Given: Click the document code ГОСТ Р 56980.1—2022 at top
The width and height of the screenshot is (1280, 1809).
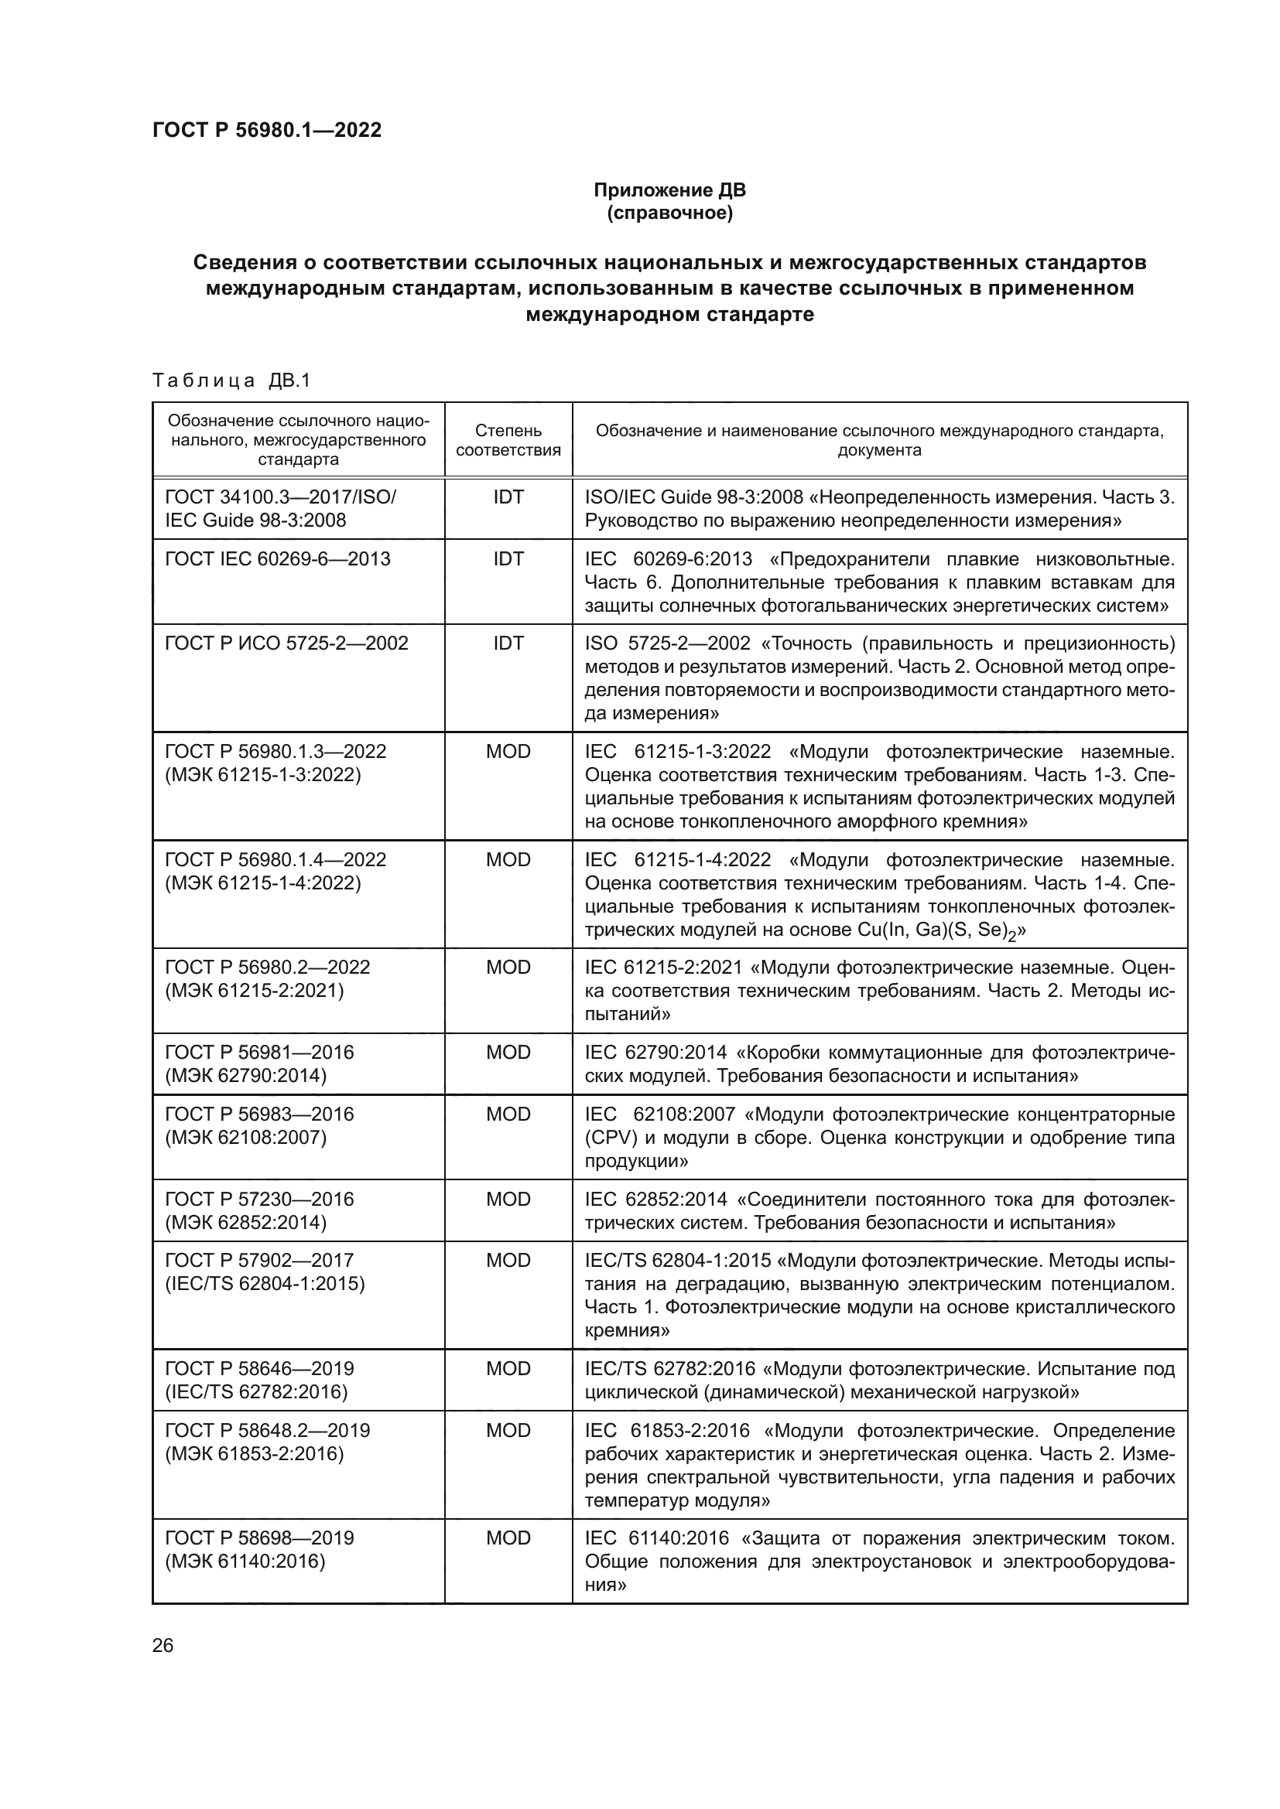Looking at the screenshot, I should pos(266,130).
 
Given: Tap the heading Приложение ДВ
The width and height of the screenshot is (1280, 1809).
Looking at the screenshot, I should pos(669,190).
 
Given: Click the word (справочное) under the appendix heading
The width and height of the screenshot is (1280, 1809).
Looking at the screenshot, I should pos(669,213).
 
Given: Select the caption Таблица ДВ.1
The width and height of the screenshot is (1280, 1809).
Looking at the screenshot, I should pos(231,381).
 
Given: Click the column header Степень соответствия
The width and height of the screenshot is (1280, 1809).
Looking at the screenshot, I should pos(508,439).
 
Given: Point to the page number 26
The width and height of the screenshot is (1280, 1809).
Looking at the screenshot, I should pos(163,1645).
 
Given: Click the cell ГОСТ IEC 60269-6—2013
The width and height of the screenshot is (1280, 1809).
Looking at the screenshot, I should pos(278,558).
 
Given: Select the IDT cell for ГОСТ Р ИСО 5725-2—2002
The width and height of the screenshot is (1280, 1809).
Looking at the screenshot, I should pos(508,643).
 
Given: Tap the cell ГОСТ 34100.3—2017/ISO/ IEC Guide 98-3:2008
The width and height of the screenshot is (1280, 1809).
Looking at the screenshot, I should pos(281,508).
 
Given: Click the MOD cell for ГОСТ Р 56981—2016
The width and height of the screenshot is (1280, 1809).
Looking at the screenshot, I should pos(508,1052).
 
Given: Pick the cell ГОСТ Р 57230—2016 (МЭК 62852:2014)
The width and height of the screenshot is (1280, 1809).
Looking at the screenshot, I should pos(260,1210).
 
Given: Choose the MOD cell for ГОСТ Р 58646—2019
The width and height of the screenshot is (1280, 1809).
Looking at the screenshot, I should pos(508,1369).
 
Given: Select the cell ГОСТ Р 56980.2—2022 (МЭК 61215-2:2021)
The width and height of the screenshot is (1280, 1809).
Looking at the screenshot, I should pos(268,978).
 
